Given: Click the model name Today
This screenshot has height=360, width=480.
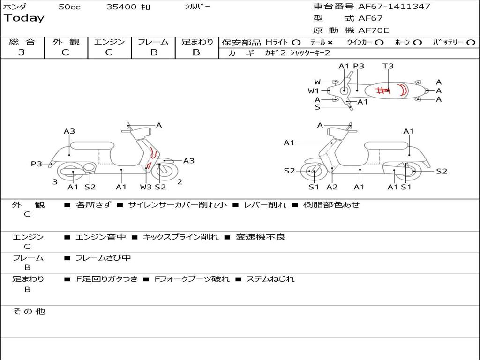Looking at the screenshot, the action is click(x=24, y=18).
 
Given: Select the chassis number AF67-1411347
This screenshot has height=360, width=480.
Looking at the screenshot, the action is click(x=387, y=7).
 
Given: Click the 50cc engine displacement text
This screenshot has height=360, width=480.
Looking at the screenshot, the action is click(x=69, y=7).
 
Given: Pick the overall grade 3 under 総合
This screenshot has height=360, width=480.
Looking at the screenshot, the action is click(x=22, y=52).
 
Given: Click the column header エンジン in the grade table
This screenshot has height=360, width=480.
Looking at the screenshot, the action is click(x=109, y=42).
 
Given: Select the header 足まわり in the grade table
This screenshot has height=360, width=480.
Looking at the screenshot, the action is click(x=197, y=42).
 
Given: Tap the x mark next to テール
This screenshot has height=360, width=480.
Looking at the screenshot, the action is click(x=330, y=42).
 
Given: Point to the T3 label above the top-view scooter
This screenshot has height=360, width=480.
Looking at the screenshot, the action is click(x=388, y=66).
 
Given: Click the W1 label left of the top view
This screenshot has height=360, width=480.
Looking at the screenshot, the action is click(x=313, y=91).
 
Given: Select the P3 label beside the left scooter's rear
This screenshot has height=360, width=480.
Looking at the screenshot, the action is click(x=36, y=164).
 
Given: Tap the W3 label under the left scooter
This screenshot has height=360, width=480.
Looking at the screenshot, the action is click(x=146, y=187).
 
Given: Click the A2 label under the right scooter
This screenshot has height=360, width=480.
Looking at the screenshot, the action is click(x=332, y=187).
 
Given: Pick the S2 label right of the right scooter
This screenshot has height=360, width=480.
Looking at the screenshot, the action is click(x=442, y=171).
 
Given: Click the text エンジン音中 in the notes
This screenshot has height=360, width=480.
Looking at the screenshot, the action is click(x=101, y=237).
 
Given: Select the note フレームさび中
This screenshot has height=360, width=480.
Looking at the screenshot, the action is click(x=103, y=258).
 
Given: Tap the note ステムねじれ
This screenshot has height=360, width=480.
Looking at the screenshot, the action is click(x=270, y=279).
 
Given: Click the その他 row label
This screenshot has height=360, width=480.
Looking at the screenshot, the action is click(x=29, y=311).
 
